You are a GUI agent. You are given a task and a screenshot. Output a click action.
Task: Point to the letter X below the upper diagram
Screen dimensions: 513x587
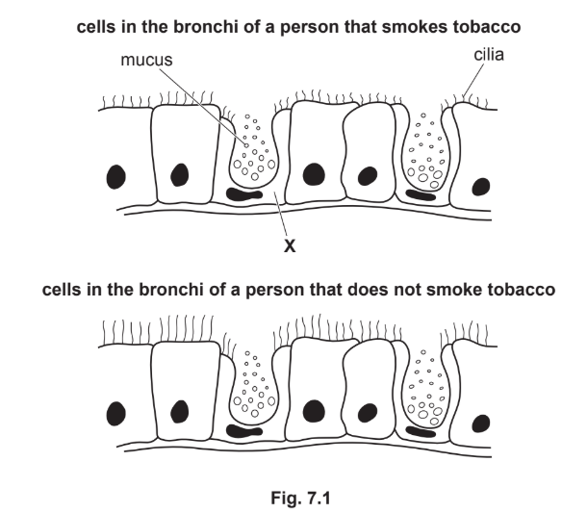point(288,245)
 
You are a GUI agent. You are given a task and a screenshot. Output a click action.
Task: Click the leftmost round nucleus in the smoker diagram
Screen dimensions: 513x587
point(117,176)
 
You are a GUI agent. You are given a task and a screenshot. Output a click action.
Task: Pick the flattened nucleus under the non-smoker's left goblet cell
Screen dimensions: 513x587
point(244,429)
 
